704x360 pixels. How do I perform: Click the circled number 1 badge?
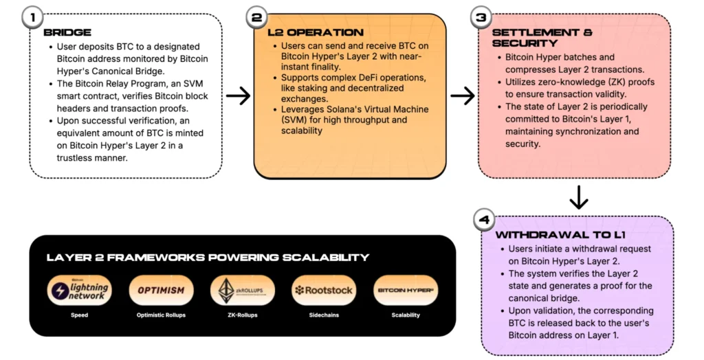[x=32, y=17]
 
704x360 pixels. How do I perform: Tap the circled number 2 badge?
[x=258, y=17]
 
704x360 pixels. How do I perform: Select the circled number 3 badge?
[x=482, y=17]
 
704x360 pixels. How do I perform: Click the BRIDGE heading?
[x=67, y=32]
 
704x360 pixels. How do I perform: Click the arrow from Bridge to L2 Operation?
[x=238, y=95]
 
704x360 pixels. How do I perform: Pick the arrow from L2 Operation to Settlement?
[x=463, y=95]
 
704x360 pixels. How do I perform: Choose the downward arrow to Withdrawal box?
[x=580, y=197]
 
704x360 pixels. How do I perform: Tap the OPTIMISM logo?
[x=161, y=290]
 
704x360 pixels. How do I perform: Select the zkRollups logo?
[x=241, y=290]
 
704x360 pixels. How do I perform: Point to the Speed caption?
[x=80, y=315]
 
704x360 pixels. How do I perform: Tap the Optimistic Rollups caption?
[x=161, y=315]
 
